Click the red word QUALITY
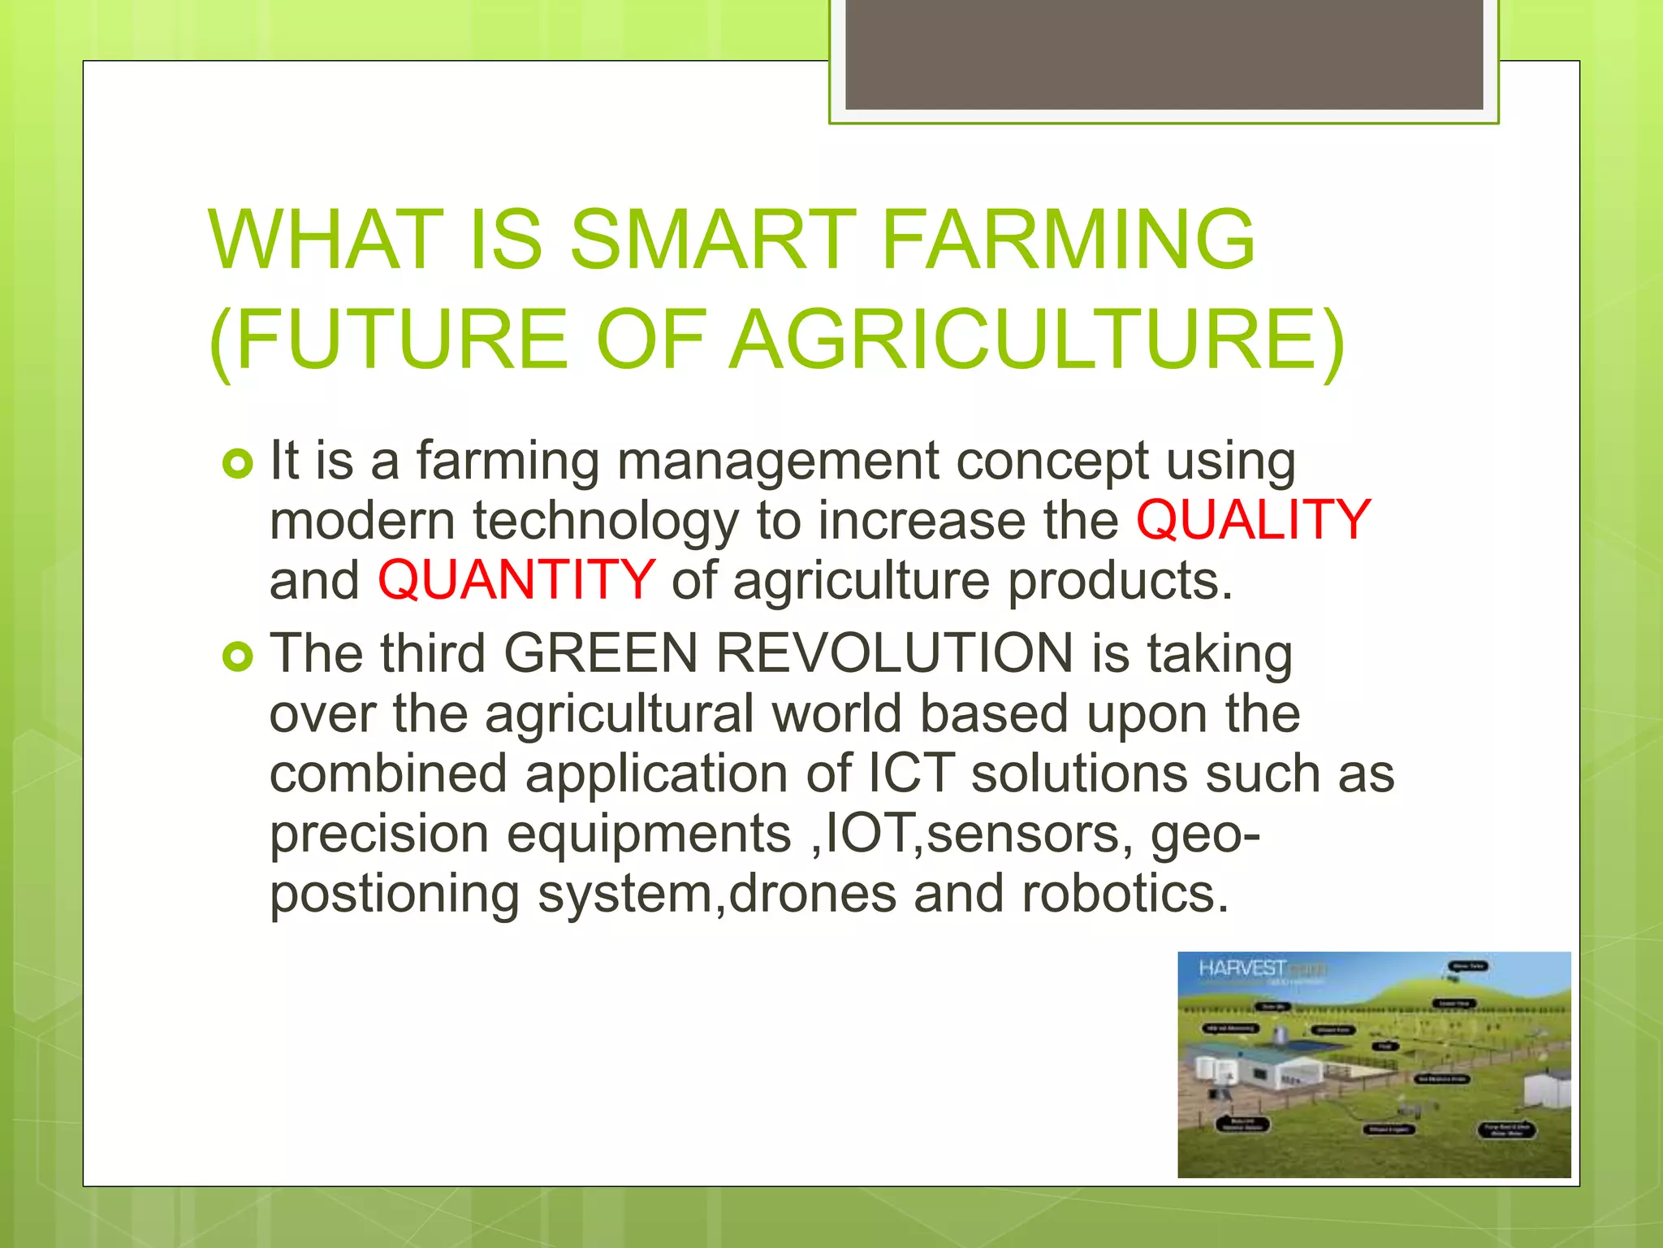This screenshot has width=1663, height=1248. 1253,521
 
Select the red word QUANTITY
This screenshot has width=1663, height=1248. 516,581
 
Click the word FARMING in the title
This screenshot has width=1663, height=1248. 1068,240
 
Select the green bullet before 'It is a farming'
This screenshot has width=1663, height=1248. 238,464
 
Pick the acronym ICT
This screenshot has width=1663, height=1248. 911,773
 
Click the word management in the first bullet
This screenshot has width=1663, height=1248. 777,461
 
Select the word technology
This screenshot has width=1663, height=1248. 605,521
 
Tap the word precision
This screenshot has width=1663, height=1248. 379,834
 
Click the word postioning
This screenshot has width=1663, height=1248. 394,894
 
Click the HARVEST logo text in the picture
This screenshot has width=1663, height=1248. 1242,968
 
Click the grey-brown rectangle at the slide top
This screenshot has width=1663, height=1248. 1164,54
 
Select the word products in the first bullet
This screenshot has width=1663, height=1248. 1121,581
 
